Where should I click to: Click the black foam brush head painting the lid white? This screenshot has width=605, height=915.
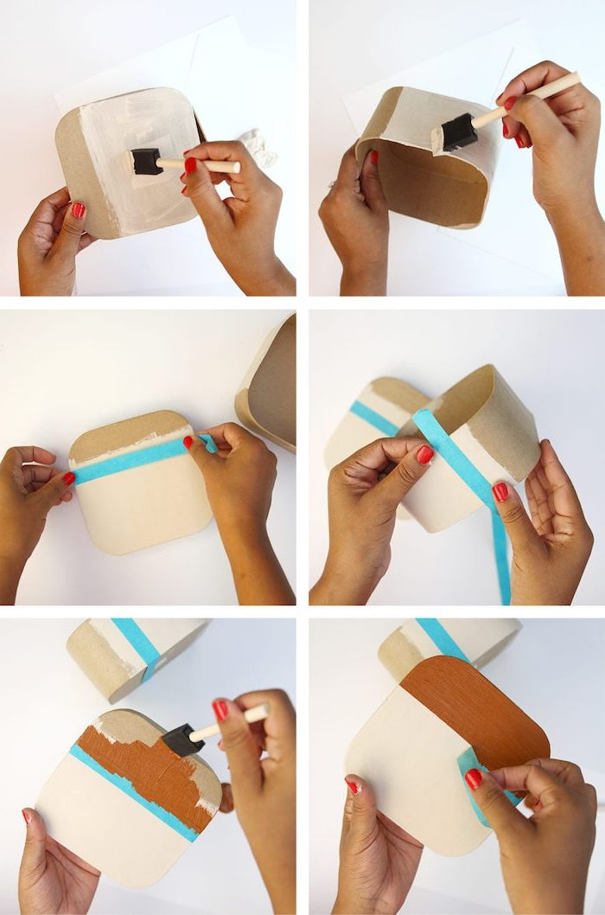coord(146,161)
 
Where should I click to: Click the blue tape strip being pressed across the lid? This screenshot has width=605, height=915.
coord(130,462)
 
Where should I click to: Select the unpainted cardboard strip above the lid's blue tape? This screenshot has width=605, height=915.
coord(129,436)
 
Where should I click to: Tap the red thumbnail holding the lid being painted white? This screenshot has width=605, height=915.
coord(78,210)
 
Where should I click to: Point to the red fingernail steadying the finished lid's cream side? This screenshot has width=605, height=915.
coord(353,785)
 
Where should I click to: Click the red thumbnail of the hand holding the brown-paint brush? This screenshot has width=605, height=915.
coord(221,710)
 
